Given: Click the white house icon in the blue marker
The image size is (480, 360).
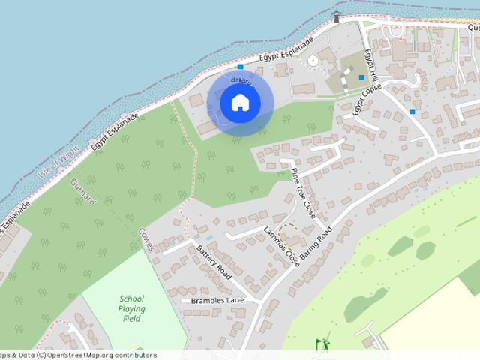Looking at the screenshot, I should [239, 102].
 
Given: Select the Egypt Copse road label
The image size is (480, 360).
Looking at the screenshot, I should [367, 99].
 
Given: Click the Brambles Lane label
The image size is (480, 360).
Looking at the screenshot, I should [217, 300].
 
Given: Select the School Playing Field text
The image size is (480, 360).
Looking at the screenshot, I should [131, 308].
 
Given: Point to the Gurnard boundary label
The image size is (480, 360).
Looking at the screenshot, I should [82, 191].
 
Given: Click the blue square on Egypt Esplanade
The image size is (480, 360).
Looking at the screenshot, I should [241, 67].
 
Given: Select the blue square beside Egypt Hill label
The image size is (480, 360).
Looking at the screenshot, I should [361, 77].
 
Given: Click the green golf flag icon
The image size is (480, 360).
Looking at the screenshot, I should [323, 344].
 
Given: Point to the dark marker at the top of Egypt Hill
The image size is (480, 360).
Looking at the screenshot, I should [337, 18].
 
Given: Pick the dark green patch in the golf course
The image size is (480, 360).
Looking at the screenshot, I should [400, 245].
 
